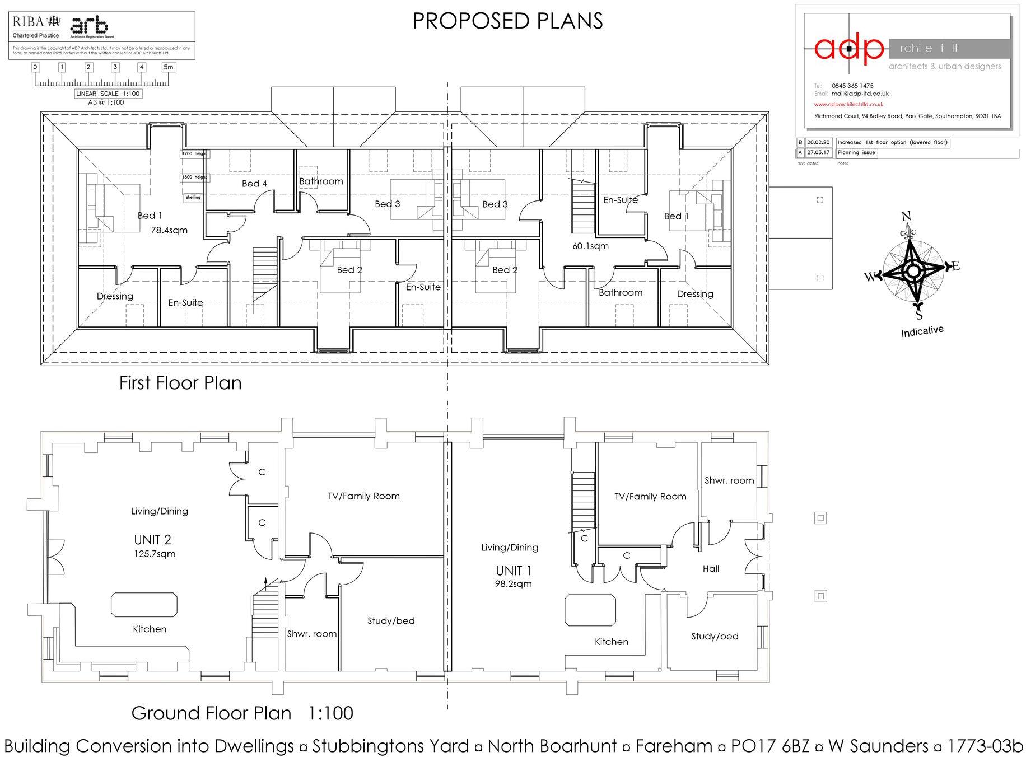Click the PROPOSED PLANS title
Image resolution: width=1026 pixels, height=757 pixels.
tap(507, 21)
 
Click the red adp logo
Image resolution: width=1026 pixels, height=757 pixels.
tap(848, 49)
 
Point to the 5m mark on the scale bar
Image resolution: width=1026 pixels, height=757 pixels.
tap(168, 67)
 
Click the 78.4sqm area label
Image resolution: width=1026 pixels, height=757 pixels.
tap(169, 230)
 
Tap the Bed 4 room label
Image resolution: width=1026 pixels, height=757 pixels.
tap(254, 184)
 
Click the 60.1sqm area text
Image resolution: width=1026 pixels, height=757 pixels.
tap(590, 246)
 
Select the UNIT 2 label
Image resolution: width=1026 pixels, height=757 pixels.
tap(152, 540)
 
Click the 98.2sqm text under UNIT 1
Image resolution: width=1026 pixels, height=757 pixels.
tap(514, 584)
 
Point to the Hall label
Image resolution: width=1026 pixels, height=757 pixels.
tap(711, 569)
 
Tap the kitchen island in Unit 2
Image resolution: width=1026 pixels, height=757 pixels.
tap(145, 605)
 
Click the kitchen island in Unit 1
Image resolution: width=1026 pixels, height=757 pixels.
tap(591, 610)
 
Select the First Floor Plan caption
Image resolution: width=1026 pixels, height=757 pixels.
tap(180, 383)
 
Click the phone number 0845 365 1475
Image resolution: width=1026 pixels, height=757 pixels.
tap(852, 86)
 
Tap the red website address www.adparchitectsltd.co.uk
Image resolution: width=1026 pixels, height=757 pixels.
tap(848, 104)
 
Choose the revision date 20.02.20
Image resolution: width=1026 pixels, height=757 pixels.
tap(819, 142)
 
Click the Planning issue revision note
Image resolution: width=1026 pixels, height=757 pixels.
tap(856, 152)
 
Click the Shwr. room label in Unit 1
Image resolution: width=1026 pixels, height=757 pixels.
tap(729, 480)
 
